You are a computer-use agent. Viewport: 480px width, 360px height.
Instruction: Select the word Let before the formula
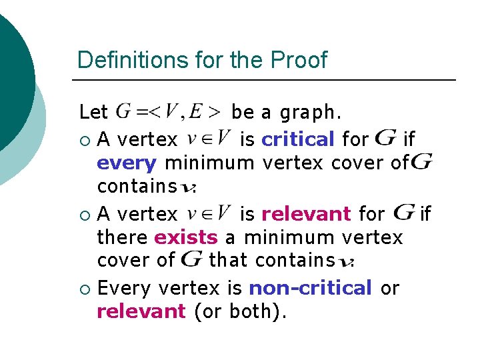coord(93,111)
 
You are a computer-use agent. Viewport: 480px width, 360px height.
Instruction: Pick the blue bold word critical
coord(298,139)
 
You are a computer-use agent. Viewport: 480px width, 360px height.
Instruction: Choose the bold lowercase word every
coord(127,162)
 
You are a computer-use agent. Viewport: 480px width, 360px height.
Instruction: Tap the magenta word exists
coord(186,237)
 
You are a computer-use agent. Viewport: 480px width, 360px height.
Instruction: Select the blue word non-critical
coord(310,288)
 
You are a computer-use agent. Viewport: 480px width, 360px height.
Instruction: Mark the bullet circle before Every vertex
coord(84,289)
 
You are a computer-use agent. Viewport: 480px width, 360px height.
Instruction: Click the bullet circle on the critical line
coord(84,140)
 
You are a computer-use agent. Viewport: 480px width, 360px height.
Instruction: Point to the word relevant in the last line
coord(141,310)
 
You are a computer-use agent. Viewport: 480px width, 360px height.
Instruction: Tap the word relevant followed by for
coord(306,214)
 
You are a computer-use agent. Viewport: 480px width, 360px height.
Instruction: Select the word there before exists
coord(123,237)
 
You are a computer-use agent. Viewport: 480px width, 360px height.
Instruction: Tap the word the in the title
coord(248,60)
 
